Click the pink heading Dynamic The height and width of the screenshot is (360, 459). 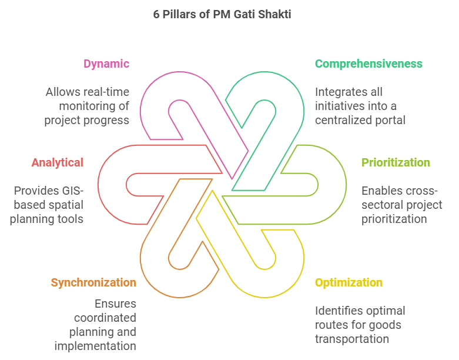click(x=106, y=64)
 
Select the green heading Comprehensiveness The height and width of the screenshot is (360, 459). click(x=368, y=64)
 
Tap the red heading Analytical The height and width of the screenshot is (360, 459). click(x=58, y=162)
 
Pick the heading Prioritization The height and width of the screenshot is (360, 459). click(x=396, y=162)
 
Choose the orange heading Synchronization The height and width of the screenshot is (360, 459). click(x=93, y=282)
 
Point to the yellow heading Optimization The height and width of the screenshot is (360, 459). click(x=349, y=282)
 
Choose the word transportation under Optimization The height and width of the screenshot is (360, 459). click(x=352, y=339)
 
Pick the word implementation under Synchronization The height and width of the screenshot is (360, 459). click(x=95, y=346)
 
